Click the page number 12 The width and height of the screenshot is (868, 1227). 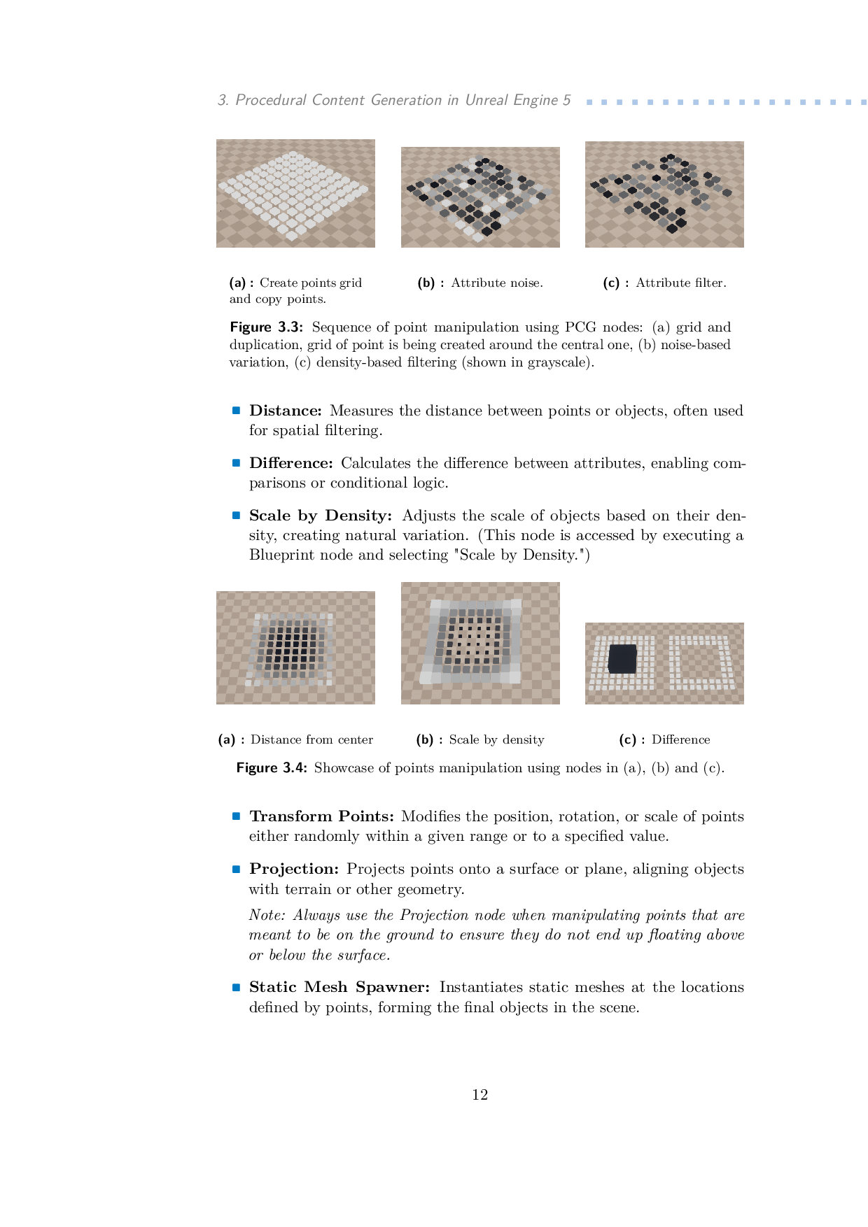479,1095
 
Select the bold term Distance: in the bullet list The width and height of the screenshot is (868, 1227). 286,411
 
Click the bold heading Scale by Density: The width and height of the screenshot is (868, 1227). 321,516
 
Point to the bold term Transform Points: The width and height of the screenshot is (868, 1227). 322,816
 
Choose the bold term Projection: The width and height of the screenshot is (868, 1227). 294,869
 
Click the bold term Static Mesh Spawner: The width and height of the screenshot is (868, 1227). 339,987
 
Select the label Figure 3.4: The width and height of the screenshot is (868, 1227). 272,768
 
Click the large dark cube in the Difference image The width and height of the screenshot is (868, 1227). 622,659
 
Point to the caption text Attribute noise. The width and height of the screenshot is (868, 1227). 497,283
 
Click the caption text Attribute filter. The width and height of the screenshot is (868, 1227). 681,283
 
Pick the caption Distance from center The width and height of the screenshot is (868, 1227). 311,740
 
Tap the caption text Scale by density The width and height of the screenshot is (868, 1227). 496,740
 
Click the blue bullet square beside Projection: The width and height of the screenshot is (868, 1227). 237,869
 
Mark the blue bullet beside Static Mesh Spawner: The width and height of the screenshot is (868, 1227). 237,987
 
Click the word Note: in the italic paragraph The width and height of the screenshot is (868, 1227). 267,916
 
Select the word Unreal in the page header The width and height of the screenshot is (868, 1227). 487,100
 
